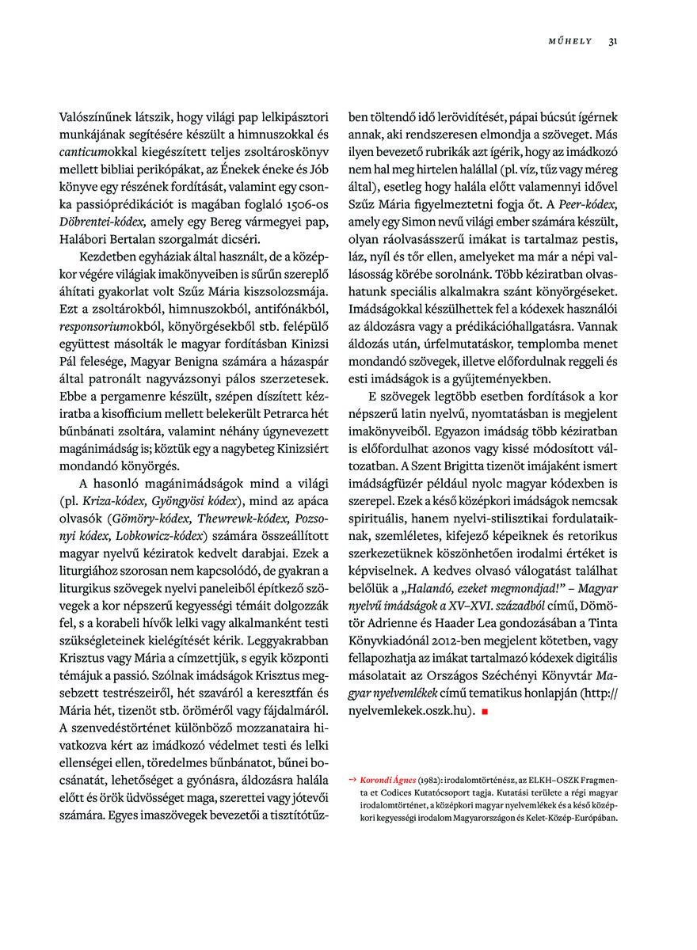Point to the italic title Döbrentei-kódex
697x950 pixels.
101,220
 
